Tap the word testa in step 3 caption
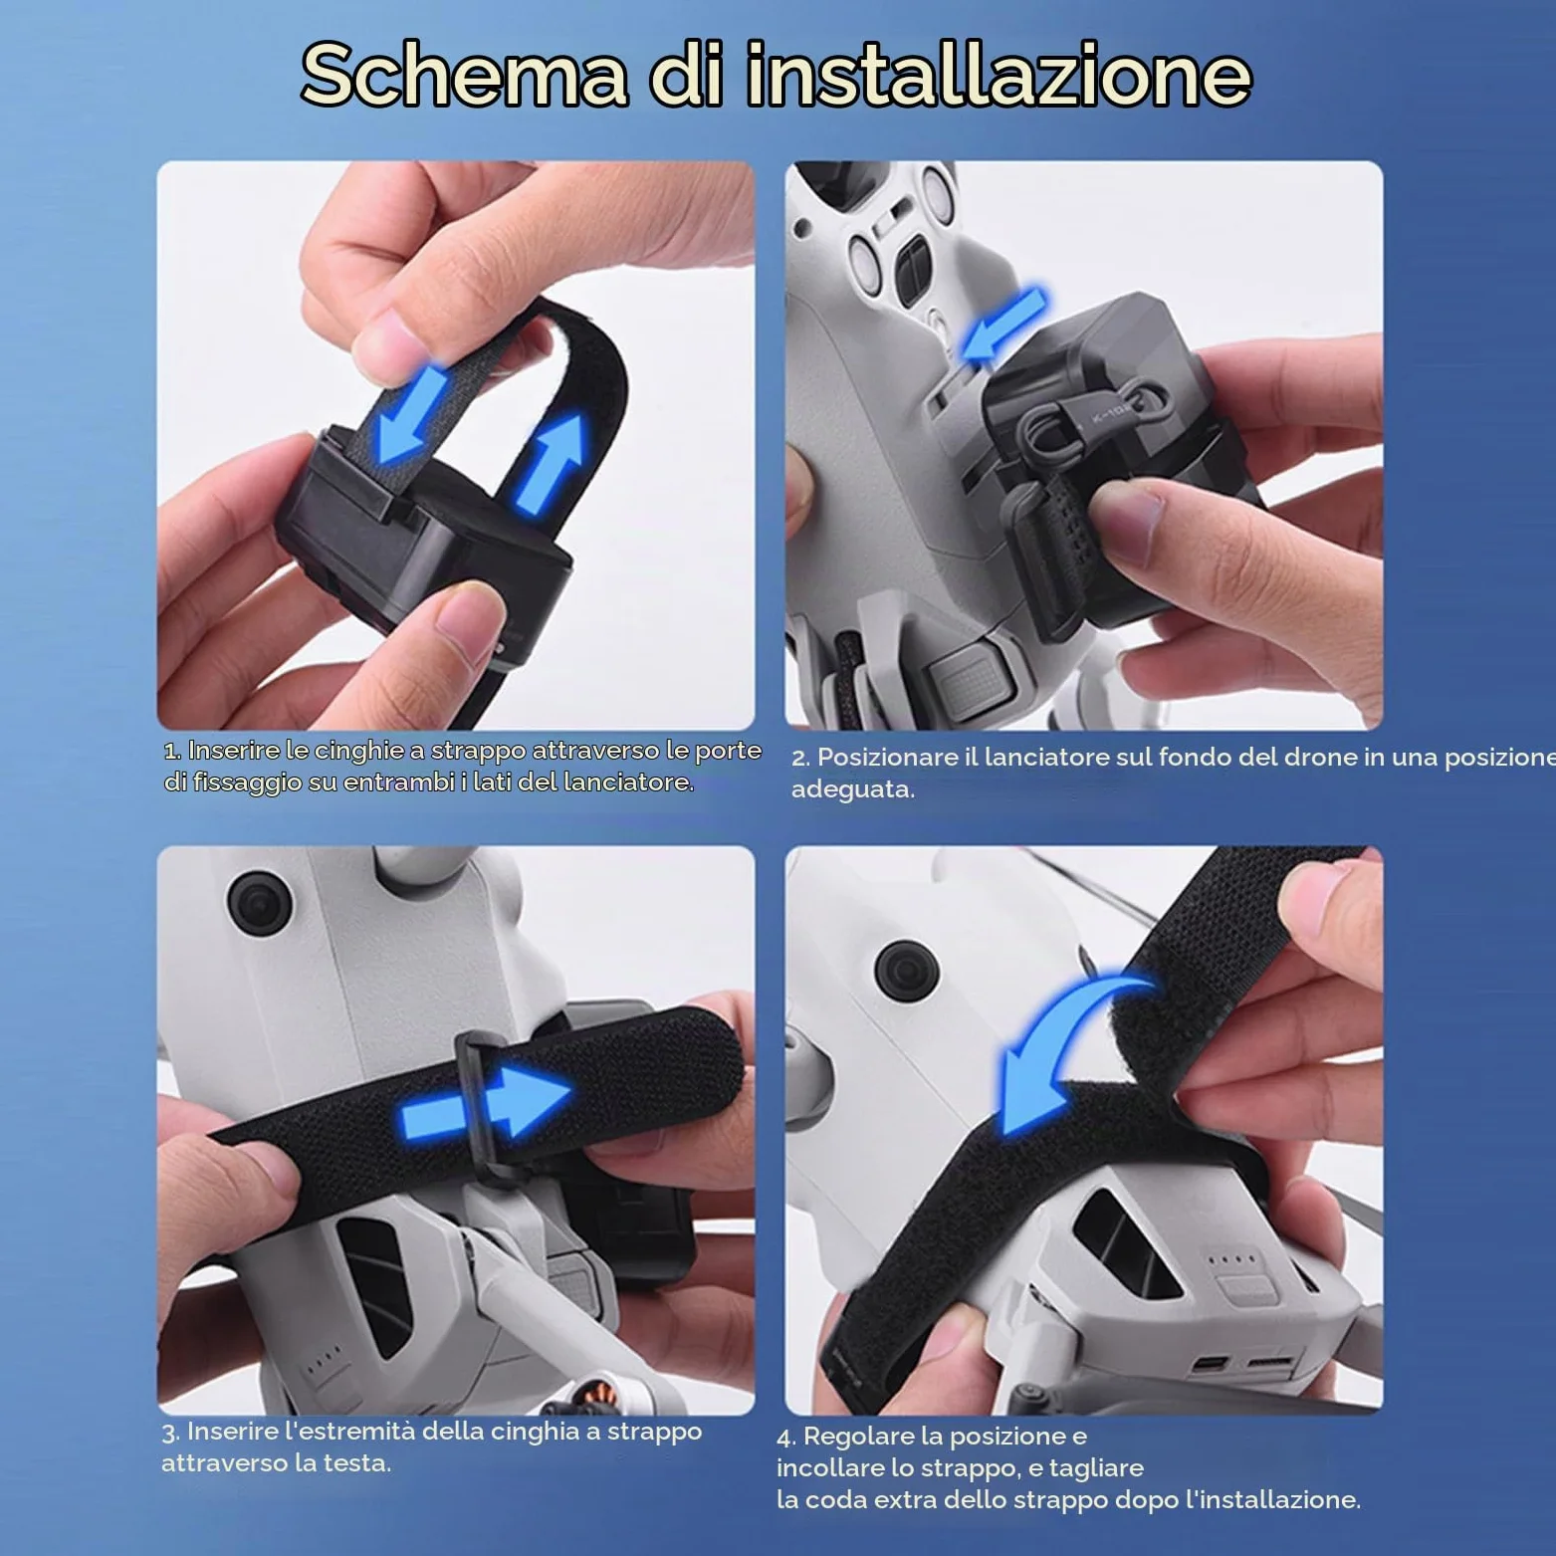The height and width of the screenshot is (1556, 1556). pos(354,1463)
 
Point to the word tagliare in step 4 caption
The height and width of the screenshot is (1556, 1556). pos(1096,1468)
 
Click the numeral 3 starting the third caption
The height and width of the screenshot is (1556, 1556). pos(168,1433)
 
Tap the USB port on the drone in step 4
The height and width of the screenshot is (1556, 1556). pos(1221,1362)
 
